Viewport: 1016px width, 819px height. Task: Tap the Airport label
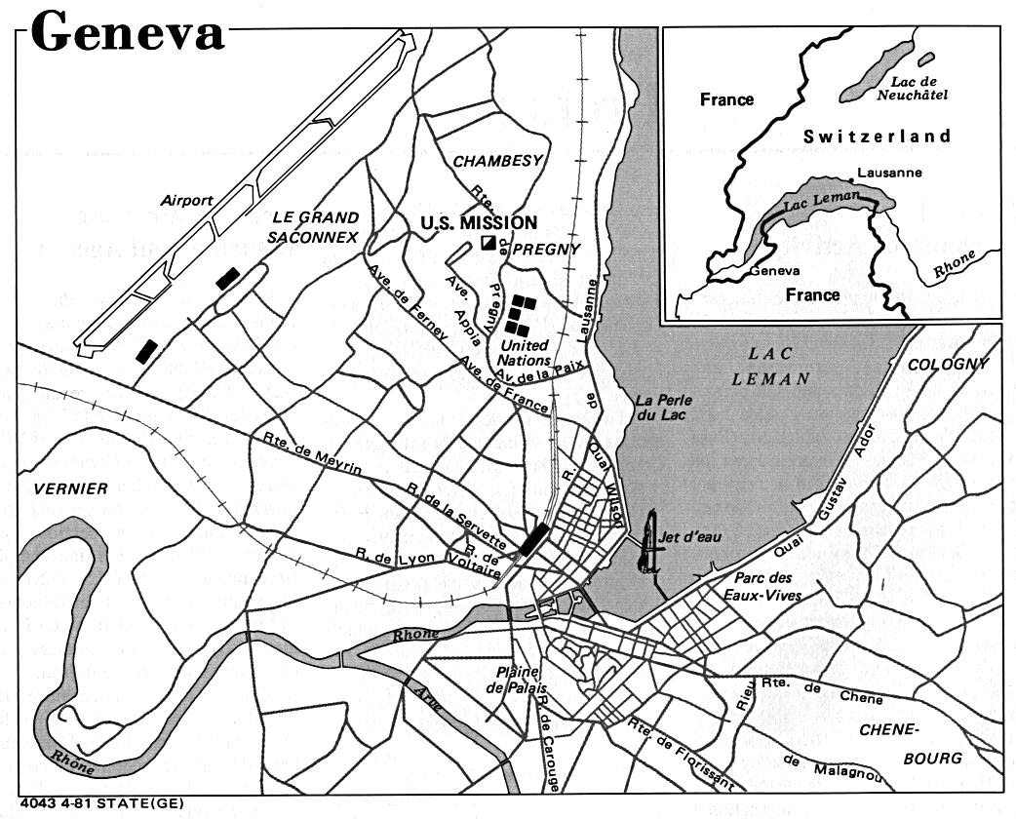(188, 200)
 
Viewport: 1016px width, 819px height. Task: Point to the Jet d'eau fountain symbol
(646, 541)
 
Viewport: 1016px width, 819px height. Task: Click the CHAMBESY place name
(496, 161)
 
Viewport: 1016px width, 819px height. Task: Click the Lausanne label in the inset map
(882, 175)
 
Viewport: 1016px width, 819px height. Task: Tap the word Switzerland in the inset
(877, 136)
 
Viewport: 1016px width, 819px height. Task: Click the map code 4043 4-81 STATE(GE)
(92, 804)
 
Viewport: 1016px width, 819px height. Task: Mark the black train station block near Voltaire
(533, 538)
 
